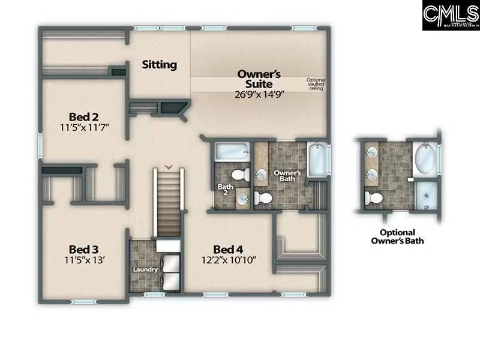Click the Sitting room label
[159, 64]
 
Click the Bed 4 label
[229, 249]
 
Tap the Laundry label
[145, 269]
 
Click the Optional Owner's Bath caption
[401, 236]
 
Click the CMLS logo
[449, 16]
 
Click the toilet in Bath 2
[241, 175]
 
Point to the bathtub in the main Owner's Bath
[316, 158]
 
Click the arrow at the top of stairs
[169, 166]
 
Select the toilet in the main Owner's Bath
[262, 197]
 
